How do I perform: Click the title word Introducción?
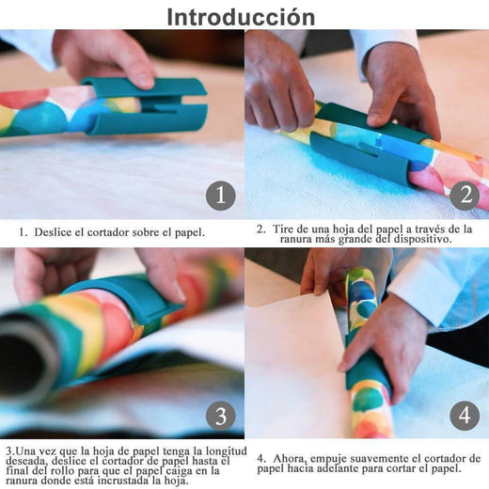click(241, 18)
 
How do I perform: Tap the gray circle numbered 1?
click(221, 196)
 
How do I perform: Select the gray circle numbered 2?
click(465, 196)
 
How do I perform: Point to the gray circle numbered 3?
click(221, 416)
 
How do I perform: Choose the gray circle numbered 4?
click(465, 416)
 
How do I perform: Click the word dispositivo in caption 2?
click(421, 240)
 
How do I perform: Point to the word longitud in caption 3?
click(226, 451)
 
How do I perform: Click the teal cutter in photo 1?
click(145, 106)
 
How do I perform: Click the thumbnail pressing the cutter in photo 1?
click(145, 81)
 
